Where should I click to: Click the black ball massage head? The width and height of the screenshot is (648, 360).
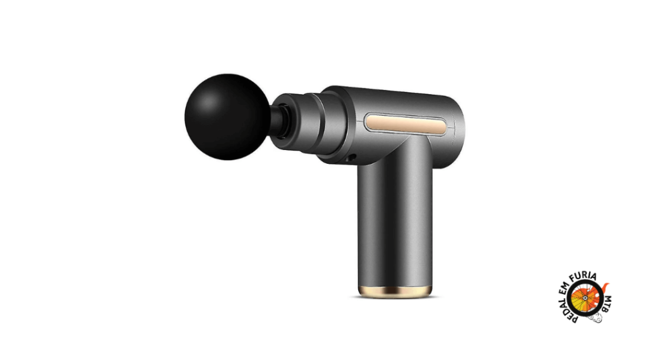(x=227, y=117)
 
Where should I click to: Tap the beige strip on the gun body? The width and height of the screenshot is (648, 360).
(x=405, y=125)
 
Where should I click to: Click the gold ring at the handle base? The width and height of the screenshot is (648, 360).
(x=395, y=292)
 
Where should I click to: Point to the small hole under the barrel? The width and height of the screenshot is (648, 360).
(x=352, y=158)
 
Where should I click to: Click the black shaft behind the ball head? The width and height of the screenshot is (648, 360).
(x=278, y=121)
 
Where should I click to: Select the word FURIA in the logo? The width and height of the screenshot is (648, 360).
(x=583, y=276)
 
